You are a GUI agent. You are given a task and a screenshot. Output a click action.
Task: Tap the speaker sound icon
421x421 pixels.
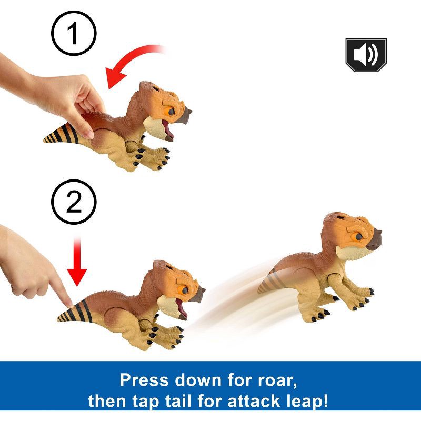pyautogui.click(x=365, y=54)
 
